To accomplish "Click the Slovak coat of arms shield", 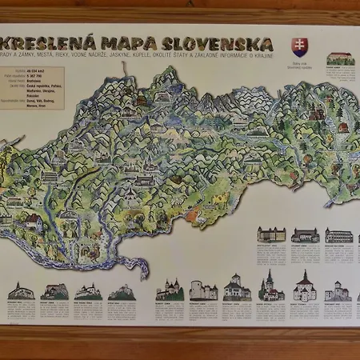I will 298,46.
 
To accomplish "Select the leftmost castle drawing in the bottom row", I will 20,291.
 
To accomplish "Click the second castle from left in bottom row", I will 54,291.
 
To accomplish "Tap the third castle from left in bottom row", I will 88,291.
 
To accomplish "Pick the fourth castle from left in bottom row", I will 122,292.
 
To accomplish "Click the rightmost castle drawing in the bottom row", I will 338,290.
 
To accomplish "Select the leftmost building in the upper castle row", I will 271,234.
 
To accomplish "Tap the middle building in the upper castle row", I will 305,235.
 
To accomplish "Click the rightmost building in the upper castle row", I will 338,235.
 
